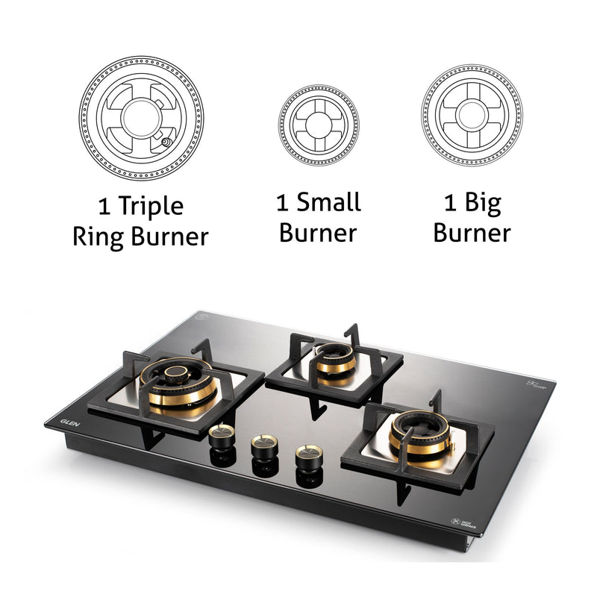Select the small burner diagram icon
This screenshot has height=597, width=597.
point(319,125)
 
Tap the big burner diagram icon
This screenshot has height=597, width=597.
point(472,116)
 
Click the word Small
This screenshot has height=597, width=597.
point(328,201)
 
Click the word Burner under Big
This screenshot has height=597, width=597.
point(472,233)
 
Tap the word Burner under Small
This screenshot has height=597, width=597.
point(319,232)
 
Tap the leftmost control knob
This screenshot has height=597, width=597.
point(222,436)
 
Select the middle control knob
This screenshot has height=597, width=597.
point(263,446)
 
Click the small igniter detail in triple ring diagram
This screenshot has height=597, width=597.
point(164,141)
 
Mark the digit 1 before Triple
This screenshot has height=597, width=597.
point(104,206)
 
